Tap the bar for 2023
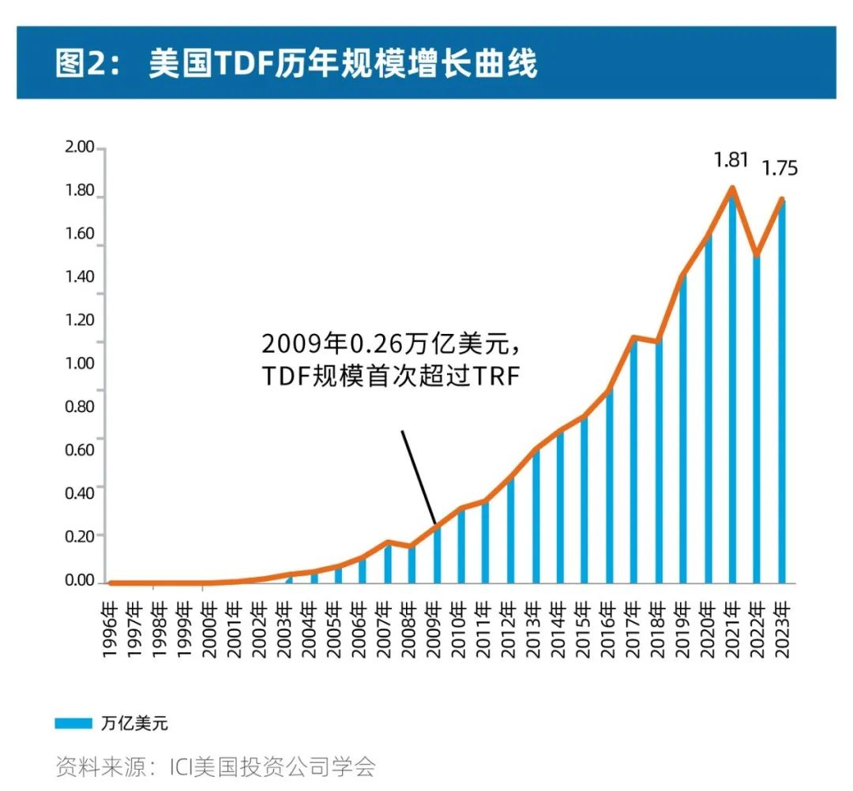coord(781,395)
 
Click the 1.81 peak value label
coord(731,160)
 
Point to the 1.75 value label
coord(780,168)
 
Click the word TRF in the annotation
coord(498,377)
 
